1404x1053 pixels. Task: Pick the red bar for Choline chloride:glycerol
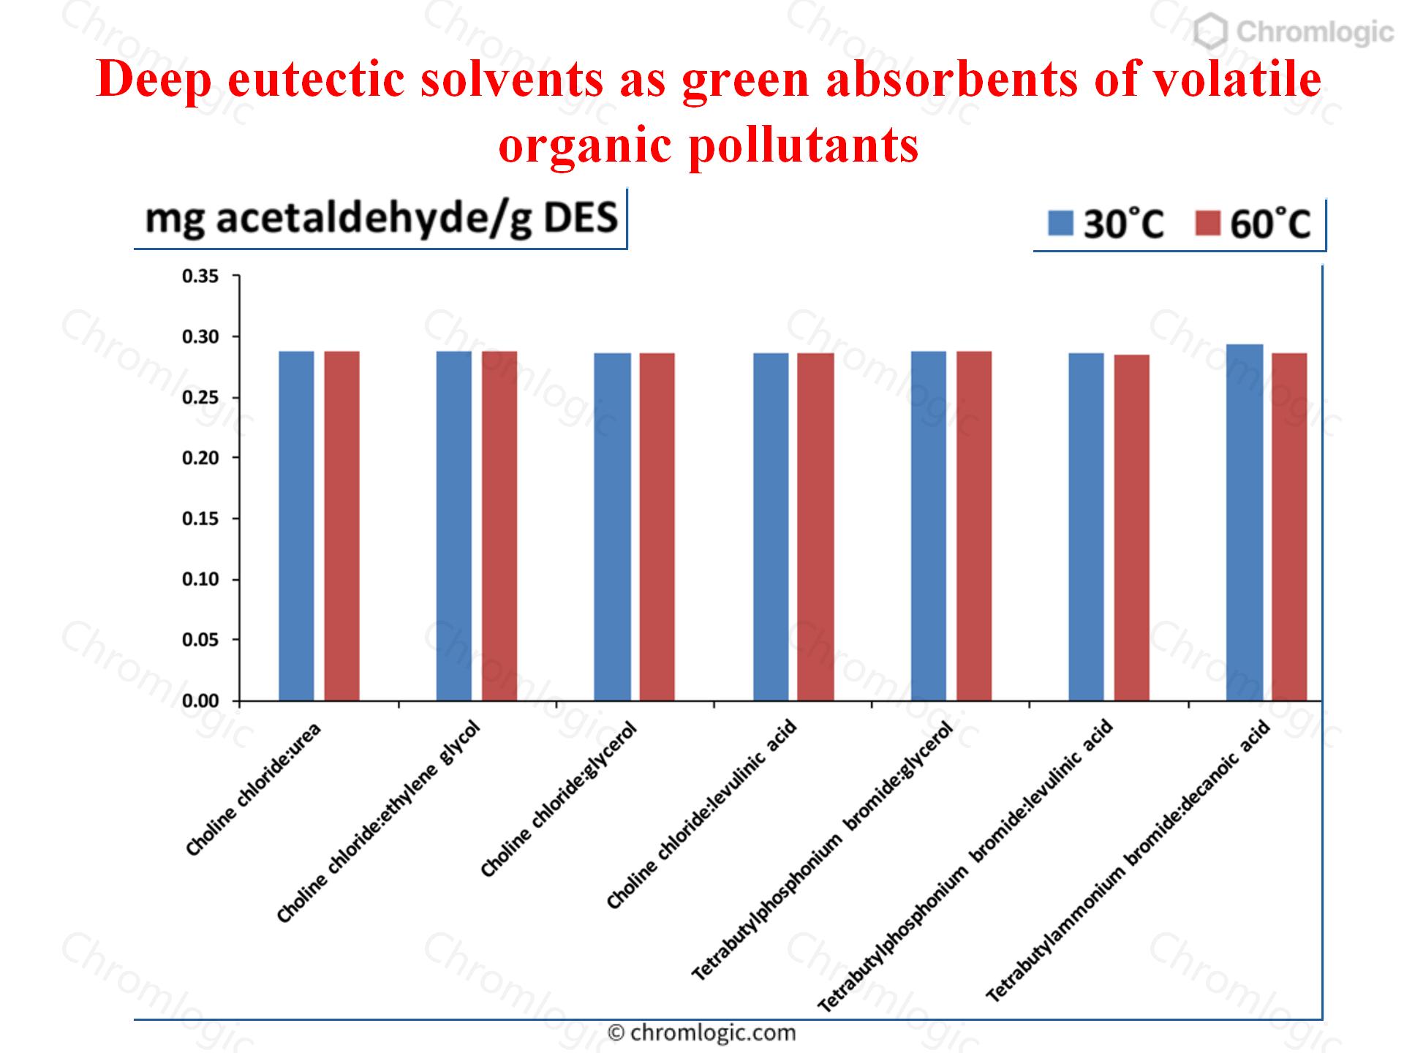click(657, 526)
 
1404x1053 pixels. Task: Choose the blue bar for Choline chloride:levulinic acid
click(771, 526)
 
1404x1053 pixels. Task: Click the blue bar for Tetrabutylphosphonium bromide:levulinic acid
click(1086, 526)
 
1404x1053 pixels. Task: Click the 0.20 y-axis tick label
click(200, 458)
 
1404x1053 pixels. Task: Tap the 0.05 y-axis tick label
click(200, 640)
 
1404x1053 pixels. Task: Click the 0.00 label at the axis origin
click(200, 701)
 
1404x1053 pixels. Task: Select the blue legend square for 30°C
click(1060, 223)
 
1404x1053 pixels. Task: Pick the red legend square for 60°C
click(1207, 223)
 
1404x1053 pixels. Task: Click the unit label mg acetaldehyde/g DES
click(381, 219)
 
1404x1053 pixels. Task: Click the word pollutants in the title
click(803, 145)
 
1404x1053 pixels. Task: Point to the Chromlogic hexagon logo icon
click(1210, 32)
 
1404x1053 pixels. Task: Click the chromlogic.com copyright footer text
click(702, 1033)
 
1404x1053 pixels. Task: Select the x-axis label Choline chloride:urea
click(253, 790)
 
